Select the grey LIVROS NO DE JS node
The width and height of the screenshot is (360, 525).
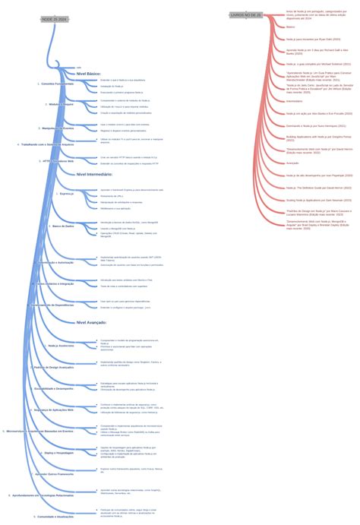(246, 14)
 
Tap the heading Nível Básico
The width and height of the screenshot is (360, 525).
(89, 74)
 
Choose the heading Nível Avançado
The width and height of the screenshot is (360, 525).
(91, 322)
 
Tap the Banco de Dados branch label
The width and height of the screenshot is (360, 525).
(63, 226)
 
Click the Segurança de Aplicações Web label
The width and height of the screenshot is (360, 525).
(54, 410)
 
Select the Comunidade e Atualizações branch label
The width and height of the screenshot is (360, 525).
(54, 516)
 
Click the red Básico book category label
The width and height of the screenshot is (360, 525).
(291, 27)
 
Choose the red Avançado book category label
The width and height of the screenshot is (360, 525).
(292, 163)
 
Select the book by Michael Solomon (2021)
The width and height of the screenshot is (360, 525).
(318, 64)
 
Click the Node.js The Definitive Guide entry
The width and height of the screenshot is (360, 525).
(318, 187)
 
